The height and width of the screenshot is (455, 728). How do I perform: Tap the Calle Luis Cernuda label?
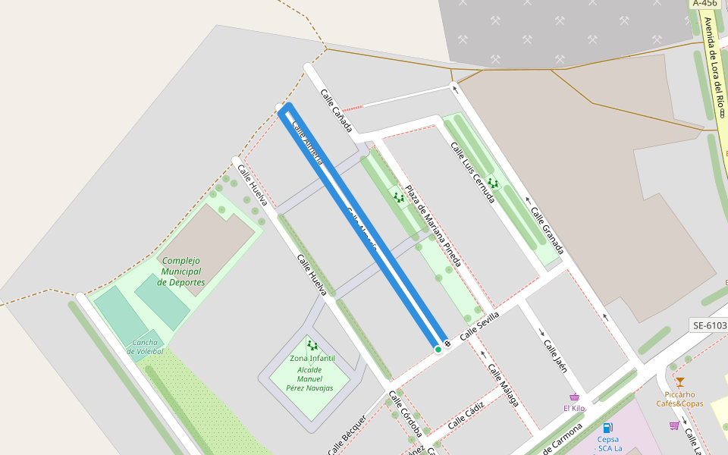[472, 172]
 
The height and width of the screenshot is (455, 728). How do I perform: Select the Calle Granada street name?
[548, 231]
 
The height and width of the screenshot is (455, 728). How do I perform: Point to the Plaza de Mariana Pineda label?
[432, 227]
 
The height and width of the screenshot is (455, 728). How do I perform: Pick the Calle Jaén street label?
[555, 354]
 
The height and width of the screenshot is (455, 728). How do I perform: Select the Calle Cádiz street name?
[466, 416]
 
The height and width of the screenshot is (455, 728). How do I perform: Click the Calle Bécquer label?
[347, 436]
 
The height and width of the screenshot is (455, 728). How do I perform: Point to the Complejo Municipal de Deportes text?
[181, 271]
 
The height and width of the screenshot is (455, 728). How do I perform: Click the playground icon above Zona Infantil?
[312, 346]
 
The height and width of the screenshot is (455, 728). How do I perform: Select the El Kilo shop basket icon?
[574, 397]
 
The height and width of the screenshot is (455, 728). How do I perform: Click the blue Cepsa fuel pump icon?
[607, 428]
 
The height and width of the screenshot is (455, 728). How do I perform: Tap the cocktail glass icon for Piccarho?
[679, 381]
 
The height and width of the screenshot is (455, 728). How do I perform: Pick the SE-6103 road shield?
[709, 325]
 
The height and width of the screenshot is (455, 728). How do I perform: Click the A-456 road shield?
[705, 3]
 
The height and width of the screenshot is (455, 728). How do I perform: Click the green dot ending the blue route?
[438, 350]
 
